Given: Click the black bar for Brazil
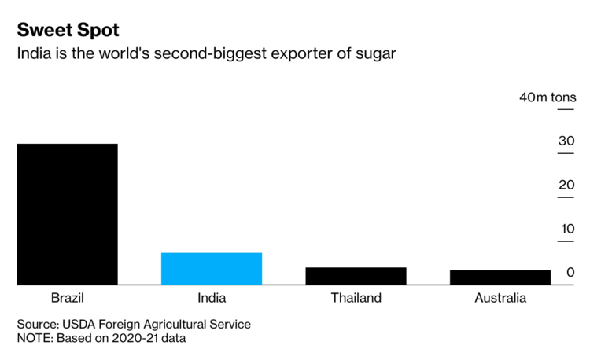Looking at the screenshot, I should pyautogui.click(x=68, y=214).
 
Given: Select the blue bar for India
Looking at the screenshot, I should pyautogui.click(x=212, y=269).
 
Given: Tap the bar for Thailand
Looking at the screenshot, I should pyautogui.click(x=356, y=276).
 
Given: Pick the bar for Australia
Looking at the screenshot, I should pyautogui.click(x=500, y=277).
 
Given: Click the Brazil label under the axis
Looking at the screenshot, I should pyautogui.click(x=68, y=299).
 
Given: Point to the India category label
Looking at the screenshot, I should pyautogui.click(x=212, y=299).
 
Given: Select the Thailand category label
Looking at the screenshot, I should pyautogui.click(x=356, y=299).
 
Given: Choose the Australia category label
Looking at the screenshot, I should pyautogui.click(x=500, y=299).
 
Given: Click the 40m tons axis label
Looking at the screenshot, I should pyautogui.click(x=548, y=97).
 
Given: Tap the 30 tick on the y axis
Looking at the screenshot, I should pyautogui.click(x=566, y=141).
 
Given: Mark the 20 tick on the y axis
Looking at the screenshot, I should pyautogui.click(x=566, y=186).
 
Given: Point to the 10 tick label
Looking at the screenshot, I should pyautogui.click(x=566, y=230).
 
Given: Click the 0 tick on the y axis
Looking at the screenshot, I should pyautogui.click(x=570, y=273).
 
